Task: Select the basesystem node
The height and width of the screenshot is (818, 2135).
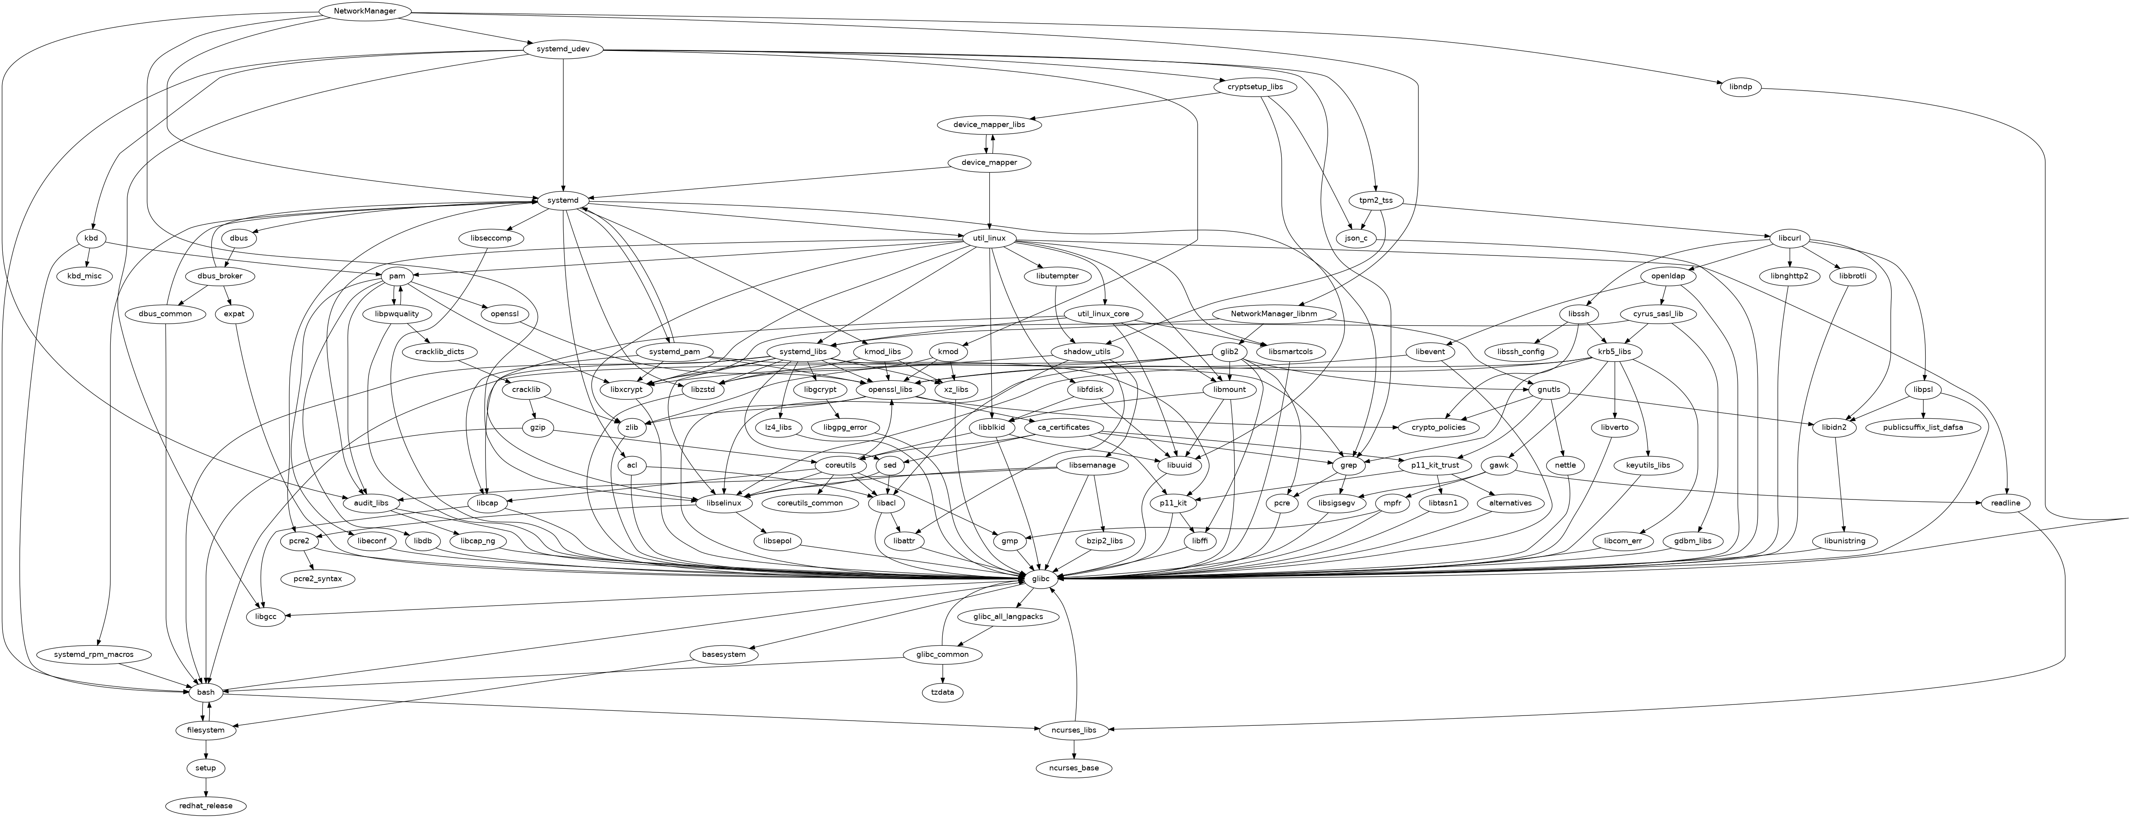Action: [x=718, y=655]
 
